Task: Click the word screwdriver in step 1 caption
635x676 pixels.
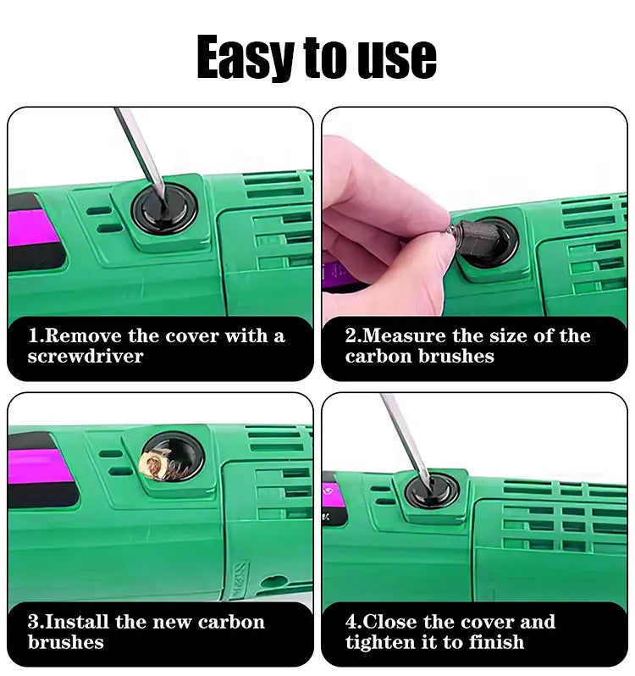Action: tap(86, 356)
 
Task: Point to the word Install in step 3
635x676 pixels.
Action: tap(77, 622)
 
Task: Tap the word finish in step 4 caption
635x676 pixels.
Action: tap(496, 642)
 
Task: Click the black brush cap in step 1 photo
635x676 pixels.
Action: tap(164, 210)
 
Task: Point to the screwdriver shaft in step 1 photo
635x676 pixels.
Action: tap(140, 151)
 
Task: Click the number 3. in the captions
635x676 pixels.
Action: tap(36, 622)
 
